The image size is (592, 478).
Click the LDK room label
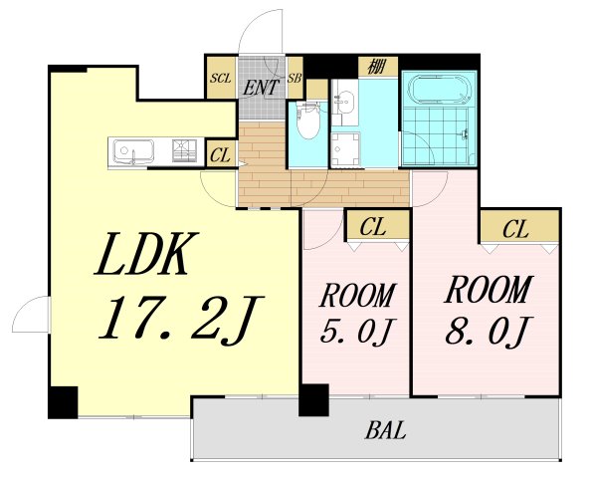tap(147, 253)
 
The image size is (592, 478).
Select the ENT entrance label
tap(261, 87)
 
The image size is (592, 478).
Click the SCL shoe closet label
tap(221, 79)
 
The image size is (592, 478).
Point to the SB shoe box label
tap(295, 79)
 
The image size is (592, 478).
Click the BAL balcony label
tap(385, 431)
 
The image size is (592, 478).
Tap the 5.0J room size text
tap(354, 331)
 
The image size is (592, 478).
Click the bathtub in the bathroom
tap(440, 90)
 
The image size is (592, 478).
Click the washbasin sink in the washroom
tap(344, 101)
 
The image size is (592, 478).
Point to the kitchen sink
tap(133, 150)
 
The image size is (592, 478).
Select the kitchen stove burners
tap(184, 150)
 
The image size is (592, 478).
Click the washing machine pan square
tap(345, 149)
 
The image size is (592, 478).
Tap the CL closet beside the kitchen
tap(221, 153)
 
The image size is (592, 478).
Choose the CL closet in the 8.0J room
tap(519, 226)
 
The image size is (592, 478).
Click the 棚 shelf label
tap(377, 67)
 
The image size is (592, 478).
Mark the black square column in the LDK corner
tap(63, 402)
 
